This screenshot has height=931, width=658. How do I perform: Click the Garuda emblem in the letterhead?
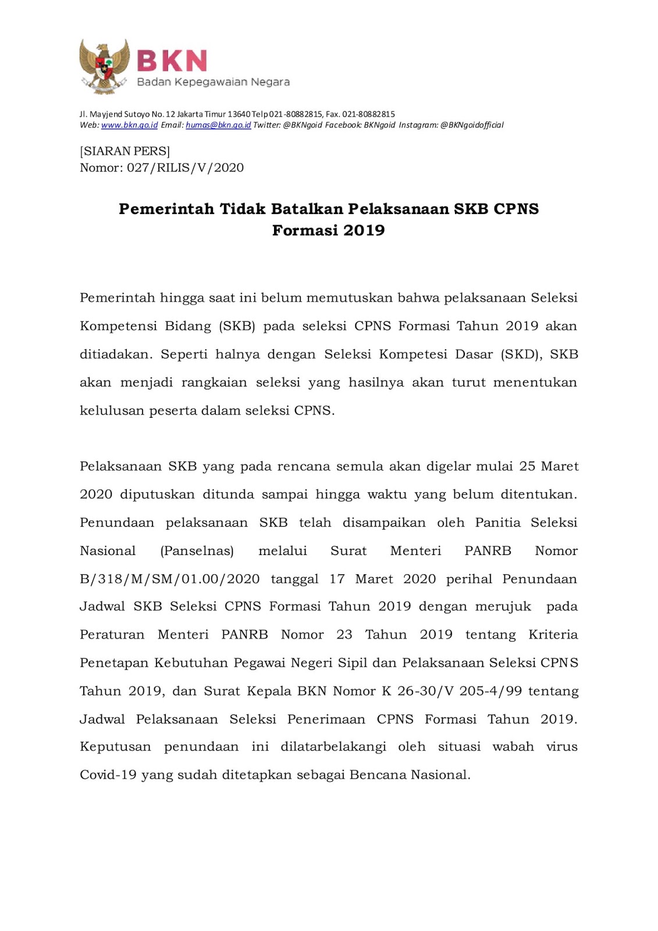(104, 66)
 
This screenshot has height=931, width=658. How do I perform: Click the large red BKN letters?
(172, 61)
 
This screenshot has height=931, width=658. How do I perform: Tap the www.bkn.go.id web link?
(129, 125)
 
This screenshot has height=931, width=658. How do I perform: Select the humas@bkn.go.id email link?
(218, 125)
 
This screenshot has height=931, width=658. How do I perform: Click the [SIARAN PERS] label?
(125, 151)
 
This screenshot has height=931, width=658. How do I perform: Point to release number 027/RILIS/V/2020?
(185, 168)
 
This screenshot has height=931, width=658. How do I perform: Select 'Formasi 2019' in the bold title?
(329, 230)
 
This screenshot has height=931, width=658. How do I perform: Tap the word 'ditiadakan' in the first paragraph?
(116, 354)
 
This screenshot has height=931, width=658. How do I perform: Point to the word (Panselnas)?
(197, 551)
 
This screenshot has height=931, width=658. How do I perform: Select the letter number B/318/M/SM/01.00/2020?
(169, 580)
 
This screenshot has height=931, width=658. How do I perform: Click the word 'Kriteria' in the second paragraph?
(553, 635)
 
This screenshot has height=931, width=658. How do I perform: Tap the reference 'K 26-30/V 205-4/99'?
(451, 691)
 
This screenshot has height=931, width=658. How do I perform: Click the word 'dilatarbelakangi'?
(333, 747)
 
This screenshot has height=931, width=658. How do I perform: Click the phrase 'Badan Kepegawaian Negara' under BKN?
(213, 82)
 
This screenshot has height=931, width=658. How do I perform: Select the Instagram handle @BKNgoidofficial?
(472, 125)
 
